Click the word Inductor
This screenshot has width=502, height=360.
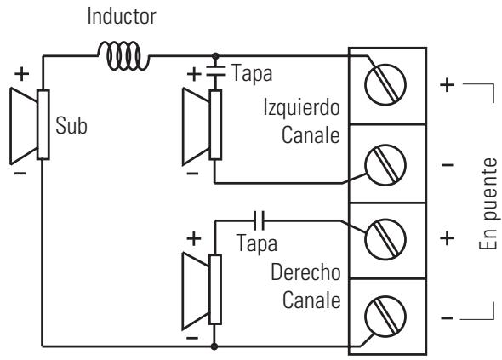[122, 16]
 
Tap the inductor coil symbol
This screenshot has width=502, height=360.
[123, 55]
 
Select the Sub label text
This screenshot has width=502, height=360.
[71, 125]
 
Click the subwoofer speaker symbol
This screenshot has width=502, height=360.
[30, 125]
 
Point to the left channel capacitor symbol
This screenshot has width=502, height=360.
[215, 71]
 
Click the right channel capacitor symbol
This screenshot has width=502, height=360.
[259, 220]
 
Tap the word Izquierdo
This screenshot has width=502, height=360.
[301, 107]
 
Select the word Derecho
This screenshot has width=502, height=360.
[305, 272]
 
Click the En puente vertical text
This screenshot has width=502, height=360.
[488, 203]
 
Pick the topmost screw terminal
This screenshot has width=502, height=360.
[385, 84]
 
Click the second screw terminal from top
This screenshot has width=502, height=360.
[385, 165]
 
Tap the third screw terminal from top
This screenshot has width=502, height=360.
[385, 239]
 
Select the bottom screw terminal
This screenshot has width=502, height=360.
[385, 316]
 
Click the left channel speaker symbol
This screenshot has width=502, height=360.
[202, 126]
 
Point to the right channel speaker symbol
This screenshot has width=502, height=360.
[202, 290]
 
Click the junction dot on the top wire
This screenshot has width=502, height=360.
[215, 56]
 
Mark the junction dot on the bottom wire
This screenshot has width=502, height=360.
[214, 346]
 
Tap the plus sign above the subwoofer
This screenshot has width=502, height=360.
[22, 74]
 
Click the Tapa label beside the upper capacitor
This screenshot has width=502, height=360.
[252, 74]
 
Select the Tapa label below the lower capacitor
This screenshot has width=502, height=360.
[256, 243]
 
